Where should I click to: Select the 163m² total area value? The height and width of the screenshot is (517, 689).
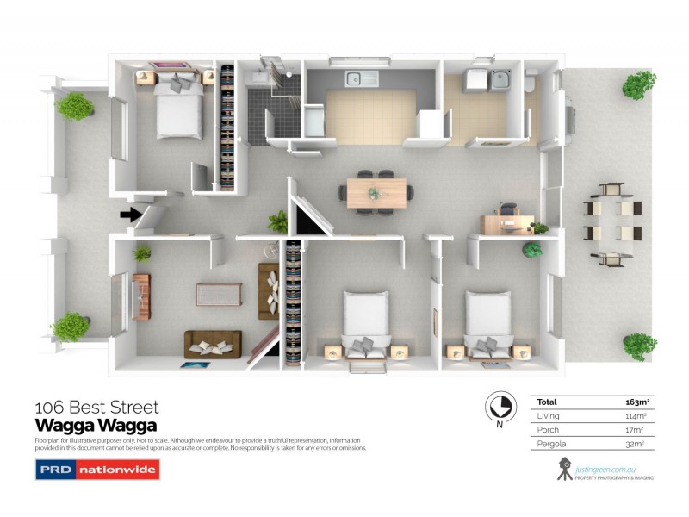pos(636,402)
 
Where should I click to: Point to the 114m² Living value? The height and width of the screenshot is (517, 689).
pos(636,416)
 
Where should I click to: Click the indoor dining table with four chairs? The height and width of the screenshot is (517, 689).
pos(377,192)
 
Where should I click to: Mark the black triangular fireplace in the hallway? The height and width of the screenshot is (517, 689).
pos(306,216)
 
